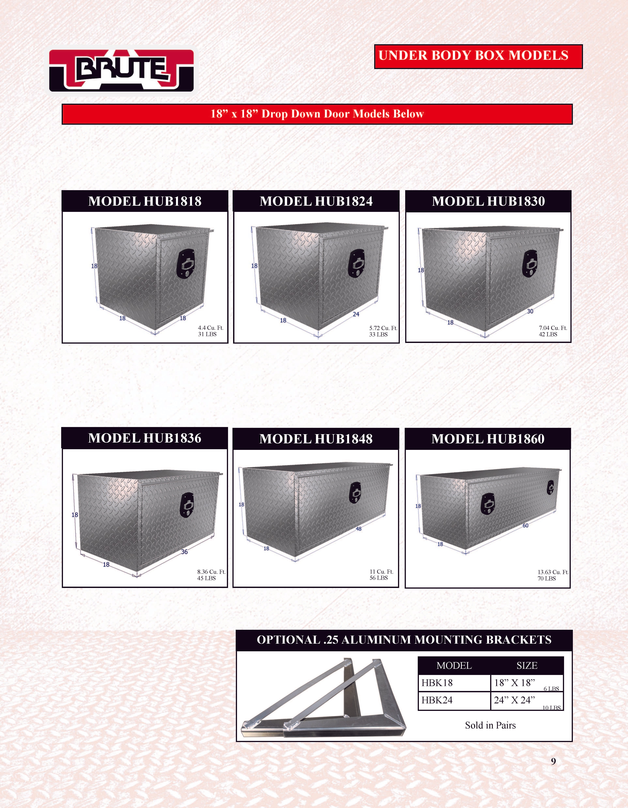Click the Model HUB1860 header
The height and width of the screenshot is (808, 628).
tap(488, 439)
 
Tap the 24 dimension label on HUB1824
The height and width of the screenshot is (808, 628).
tap(356, 314)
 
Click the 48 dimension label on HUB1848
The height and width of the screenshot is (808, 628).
tap(359, 529)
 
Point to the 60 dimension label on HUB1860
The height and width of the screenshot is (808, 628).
tap(526, 525)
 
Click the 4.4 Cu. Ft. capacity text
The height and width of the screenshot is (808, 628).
tap(211, 328)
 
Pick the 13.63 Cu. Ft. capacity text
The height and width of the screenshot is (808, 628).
tap(553, 572)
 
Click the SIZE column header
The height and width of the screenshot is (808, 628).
tap(527, 665)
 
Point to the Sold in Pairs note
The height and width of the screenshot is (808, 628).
tap(490, 725)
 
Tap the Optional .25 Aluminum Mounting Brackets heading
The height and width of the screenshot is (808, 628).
tap(404, 640)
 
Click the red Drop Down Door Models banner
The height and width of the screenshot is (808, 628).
tap(317, 114)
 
